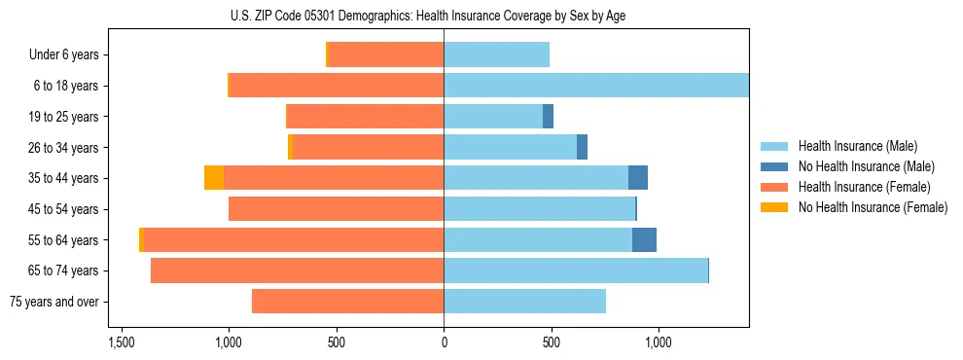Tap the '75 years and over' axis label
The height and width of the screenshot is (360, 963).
(53, 302)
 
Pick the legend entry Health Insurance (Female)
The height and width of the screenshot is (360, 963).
(864, 187)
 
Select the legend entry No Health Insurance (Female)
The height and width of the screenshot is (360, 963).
(873, 207)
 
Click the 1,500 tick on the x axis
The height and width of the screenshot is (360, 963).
(122, 343)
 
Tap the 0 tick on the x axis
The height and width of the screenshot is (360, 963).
(444, 343)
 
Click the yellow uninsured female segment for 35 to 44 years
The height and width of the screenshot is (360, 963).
(214, 178)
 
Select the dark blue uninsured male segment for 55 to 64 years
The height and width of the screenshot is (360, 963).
(644, 239)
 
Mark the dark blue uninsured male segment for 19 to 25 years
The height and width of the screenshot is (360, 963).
(548, 117)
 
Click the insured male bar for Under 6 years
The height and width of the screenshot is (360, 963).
(496, 54)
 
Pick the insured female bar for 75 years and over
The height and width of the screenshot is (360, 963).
(347, 302)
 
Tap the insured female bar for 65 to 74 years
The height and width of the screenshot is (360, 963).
(297, 270)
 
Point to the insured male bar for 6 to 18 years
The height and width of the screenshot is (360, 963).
(595, 86)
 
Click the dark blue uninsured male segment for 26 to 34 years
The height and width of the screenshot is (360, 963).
(582, 147)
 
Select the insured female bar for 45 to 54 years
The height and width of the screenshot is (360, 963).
(336, 209)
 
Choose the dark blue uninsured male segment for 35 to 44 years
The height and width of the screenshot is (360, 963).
(638, 178)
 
